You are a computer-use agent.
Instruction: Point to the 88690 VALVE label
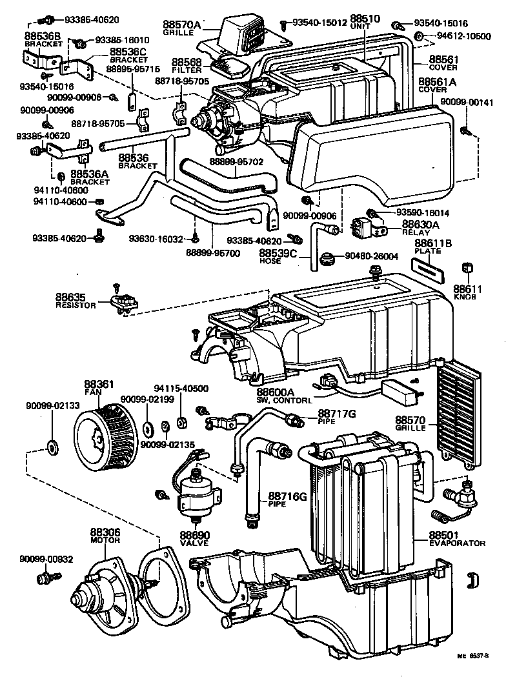click(x=194, y=540)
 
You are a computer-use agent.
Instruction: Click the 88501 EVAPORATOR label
click(x=456, y=539)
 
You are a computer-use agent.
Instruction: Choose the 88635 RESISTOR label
click(x=76, y=301)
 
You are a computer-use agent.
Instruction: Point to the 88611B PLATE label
click(x=432, y=247)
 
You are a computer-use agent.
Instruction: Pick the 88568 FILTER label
click(x=187, y=66)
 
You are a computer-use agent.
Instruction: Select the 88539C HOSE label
click(x=279, y=258)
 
